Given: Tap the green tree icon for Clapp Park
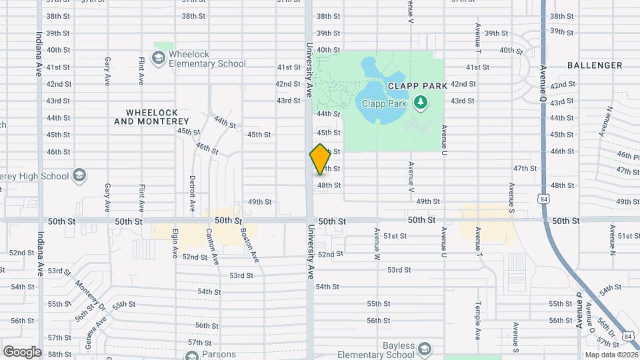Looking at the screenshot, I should [420, 102].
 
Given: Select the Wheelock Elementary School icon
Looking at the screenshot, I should [159, 59].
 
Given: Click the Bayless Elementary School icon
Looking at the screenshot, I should [424, 349].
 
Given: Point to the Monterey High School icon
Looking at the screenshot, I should [79, 176].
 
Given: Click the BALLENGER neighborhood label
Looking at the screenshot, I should [595, 65].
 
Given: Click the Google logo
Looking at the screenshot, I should [22, 351].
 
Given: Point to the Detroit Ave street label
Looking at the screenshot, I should [192, 191].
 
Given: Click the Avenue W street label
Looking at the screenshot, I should [377, 244].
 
